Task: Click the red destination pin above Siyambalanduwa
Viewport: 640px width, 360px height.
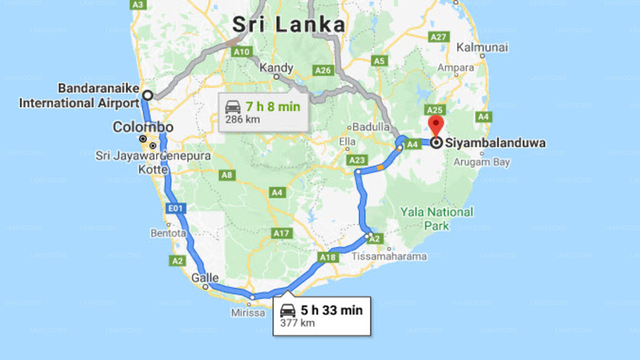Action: [x=436, y=124]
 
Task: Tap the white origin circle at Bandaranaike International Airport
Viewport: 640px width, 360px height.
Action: [x=147, y=95]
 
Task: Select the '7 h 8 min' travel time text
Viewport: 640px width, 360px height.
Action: [x=272, y=106]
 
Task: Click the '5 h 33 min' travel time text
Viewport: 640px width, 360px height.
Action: [x=331, y=310]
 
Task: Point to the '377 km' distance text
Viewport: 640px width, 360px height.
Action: [x=297, y=323]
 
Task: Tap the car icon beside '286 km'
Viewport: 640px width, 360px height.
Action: [x=233, y=107]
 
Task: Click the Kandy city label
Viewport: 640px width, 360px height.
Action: [x=276, y=67]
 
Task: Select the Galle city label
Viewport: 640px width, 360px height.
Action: [x=205, y=277]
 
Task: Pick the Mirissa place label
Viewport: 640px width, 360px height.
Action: [x=248, y=313]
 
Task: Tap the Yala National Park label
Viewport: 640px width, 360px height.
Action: [x=436, y=218]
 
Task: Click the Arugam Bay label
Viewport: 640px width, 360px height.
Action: [x=481, y=162]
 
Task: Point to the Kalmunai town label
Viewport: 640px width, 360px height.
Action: [x=482, y=47]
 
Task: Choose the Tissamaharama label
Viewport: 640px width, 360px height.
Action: [x=389, y=256]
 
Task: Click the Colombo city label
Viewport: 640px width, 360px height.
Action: [x=143, y=127]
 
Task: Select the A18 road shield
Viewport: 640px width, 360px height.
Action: [x=328, y=257]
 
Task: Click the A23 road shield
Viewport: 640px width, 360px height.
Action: [x=357, y=160]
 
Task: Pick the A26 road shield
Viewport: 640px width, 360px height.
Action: [x=323, y=70]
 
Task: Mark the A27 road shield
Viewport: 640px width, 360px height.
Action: [x=438, y=37]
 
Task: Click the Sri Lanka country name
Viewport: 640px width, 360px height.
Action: [x=289, y=24]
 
